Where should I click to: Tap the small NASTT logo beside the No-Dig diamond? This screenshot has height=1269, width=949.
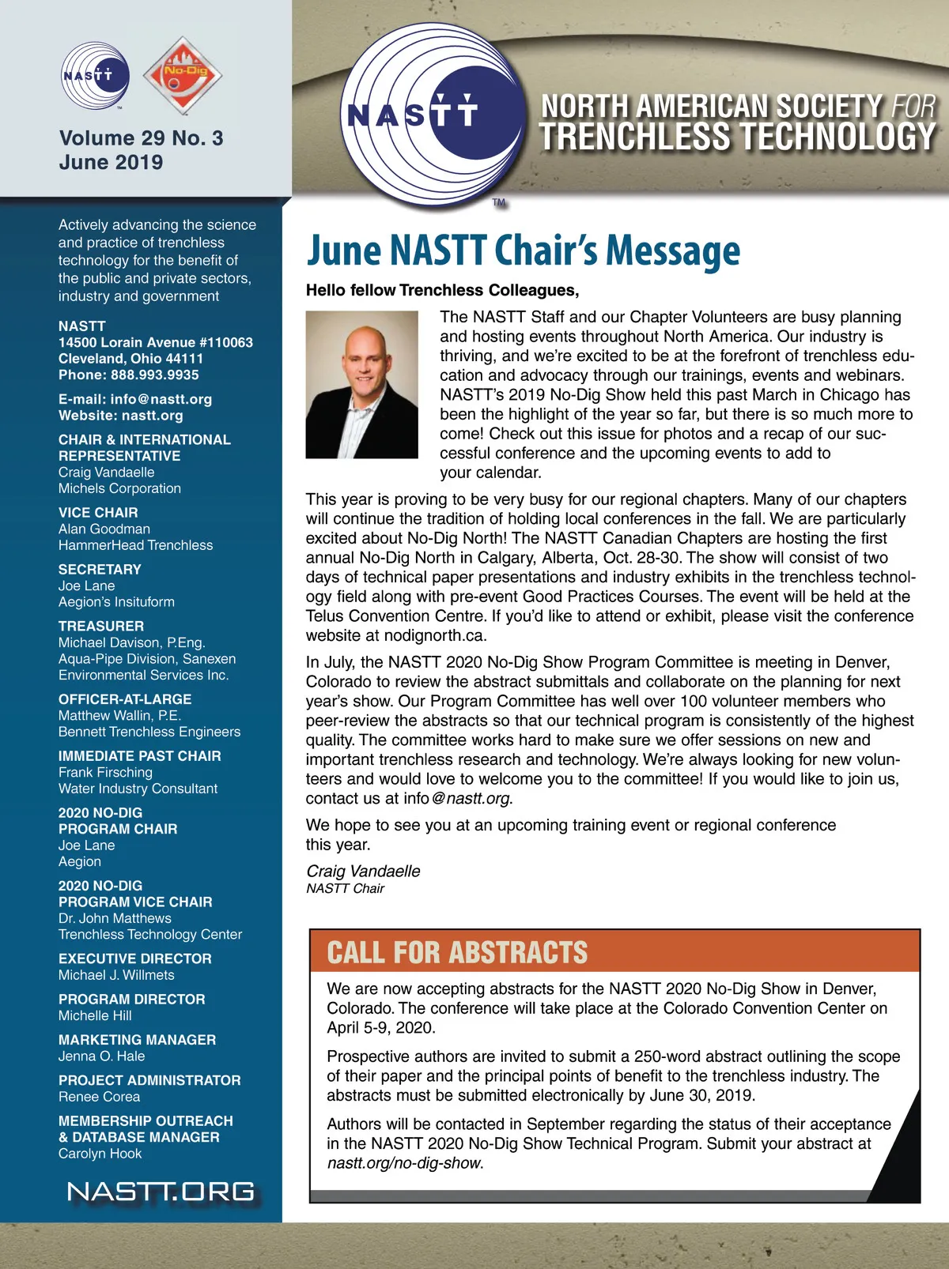pyautogui.click(x=95, y=77)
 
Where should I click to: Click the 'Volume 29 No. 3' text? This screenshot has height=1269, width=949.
pyautogui.click(x=141, y=138)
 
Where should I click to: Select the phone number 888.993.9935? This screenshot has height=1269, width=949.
pyautogui.click(x=155, y=375)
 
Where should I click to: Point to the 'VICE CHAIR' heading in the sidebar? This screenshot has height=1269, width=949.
pyautogui.click(x=98, y=513)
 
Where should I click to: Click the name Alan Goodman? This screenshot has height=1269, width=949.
pyautogui.click(x=104, y=529)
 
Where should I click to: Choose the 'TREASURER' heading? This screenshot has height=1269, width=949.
pyautogui.click(x=101, y=626)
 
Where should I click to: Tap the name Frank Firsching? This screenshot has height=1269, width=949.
pyautogui.click(x=105, y=772)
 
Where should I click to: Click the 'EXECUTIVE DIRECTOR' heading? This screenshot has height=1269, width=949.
pyautogui.click(x=135, y=958)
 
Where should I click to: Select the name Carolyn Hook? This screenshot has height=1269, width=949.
pyautogui.click(x=100, y=1154)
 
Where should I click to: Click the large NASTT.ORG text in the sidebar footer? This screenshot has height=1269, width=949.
pyautogui.click(x=161, y=1192)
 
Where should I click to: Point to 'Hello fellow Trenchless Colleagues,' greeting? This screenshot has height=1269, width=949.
pyautogui.click(x=443, y=290)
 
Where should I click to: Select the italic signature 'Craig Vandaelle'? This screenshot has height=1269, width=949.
pyautogui.click(x=363, y=871)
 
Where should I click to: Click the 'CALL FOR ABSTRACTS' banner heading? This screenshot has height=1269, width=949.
pyautogui.click(x=457, y=952)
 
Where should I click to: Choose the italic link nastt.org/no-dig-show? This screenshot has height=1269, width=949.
pyautogui.click(x=404, y=1163)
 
